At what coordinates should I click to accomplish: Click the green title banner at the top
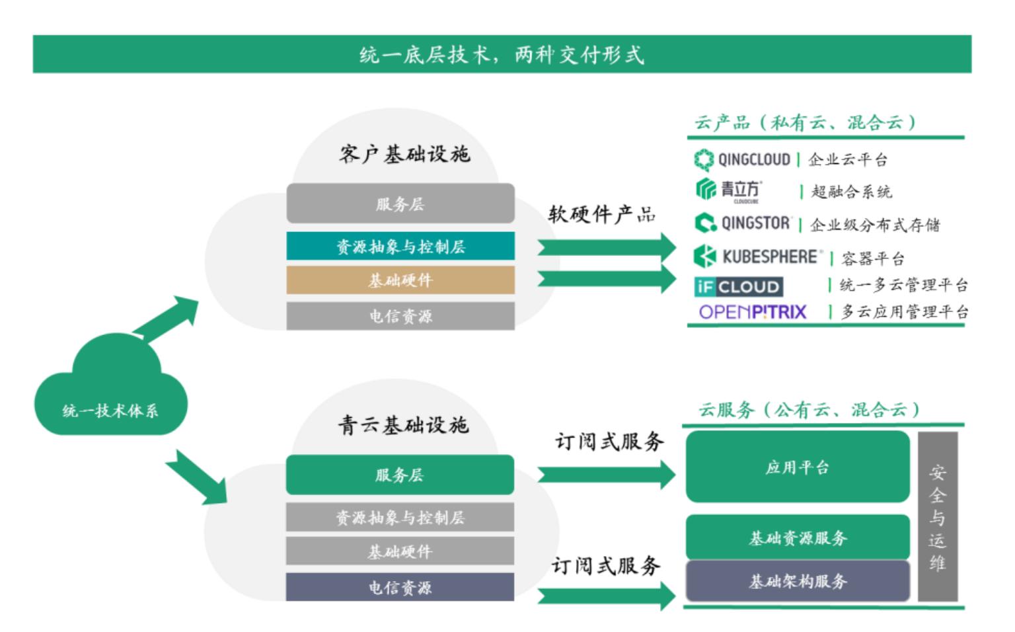(502, 54)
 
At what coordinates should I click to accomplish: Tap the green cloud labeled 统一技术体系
(111, 385)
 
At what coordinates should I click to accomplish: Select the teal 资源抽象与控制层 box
(400, 246)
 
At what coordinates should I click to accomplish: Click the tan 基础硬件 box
(400, 280)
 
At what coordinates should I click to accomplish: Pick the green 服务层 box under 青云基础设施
(400, 475)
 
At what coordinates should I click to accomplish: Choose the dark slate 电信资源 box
(400, 587)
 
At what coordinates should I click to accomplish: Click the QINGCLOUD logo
(742, 159)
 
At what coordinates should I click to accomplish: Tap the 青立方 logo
(729, 190)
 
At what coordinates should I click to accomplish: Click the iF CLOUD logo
(739, 286)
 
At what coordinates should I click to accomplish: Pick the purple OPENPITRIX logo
(753, 312)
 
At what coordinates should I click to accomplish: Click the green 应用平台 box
(798, 467)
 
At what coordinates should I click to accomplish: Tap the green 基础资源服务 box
(798, 537)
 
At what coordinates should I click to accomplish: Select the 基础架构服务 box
(798, 581)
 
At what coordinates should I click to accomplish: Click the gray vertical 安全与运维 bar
(938, 517)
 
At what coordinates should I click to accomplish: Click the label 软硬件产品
(602, 214)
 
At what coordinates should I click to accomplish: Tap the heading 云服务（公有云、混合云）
(809, 410)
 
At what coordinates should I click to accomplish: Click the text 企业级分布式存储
(875, 225)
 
